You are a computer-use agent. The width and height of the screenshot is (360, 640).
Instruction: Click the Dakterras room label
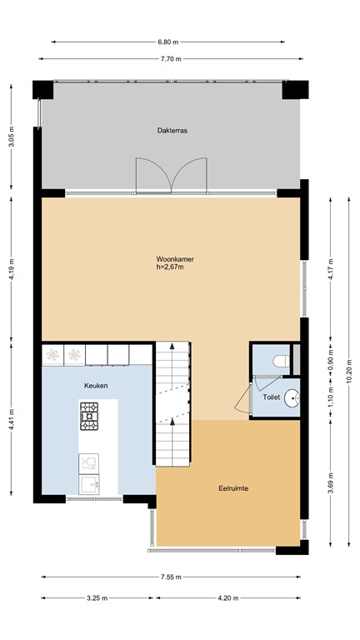pos(170,131)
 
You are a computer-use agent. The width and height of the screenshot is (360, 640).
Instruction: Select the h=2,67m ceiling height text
pos(170,267)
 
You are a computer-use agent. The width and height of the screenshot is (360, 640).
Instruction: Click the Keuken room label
pos(96,386)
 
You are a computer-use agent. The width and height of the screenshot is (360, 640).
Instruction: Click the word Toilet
pos(272,397)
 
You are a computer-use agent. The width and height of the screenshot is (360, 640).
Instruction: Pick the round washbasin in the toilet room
pos(291,398)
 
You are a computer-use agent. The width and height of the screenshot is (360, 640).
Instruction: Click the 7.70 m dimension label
pos(171,59)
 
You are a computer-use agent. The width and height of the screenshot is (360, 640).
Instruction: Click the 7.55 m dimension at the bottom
pos(171,577)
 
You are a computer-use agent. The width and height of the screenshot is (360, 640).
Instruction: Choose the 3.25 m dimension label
pos(97,598)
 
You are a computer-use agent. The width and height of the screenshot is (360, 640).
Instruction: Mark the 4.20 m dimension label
pos(227,598)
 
